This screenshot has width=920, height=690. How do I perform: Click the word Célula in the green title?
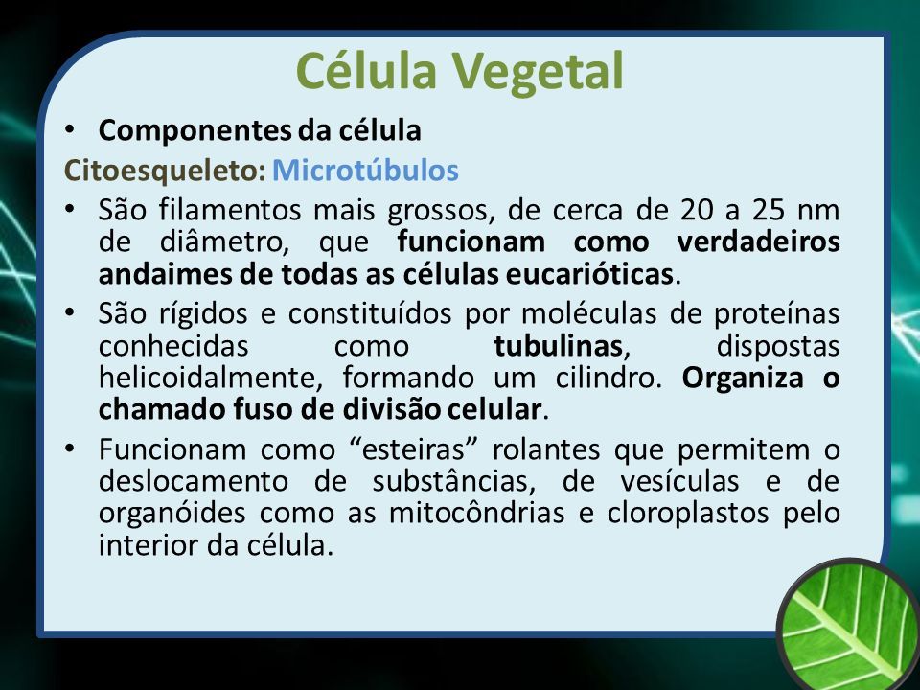pyautogui.click(x=367, y=70)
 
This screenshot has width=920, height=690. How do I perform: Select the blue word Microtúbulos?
pyautogui.click(x=365, y=171)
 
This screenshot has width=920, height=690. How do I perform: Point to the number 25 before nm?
pyautogui.click(x=769, y=210)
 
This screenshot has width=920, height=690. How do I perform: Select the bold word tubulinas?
pyautogui.click(x=558, y=346)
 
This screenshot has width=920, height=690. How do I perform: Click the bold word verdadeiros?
pyautogui.click(x=758, y=241)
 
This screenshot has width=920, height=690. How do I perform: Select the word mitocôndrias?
pyautogui.click(x=477, y=512)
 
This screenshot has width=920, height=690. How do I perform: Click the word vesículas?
pyautogui.click(x=679, y=481)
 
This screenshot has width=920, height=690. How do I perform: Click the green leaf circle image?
pyautogui.click(x=848, y=624)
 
